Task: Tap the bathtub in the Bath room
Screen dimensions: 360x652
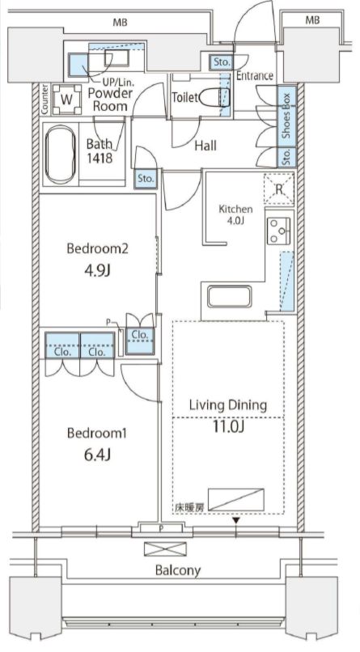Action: pyautogui.click(x=61, y=155)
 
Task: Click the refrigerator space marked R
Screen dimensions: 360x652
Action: pyautogui.click(x=279, y=189)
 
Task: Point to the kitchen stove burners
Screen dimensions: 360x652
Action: pyautogui.click(x=277, y=231)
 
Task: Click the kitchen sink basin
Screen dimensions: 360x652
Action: pyautogui.click(x=230, y=297)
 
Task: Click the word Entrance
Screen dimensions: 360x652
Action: pyautogui.click(x=255, y=76)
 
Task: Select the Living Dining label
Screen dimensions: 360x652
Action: pyautogui.click(x=228, y=404)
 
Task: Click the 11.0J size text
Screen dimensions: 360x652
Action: pyautogui.click(x=228, y=426)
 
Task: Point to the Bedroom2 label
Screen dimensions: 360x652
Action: pyautogui.click(x=97, y=248)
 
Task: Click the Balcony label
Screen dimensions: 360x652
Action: pyautogui.click(x=178, y=570)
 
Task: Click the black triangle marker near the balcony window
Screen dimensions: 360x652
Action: pyautogui.click(x=236, y=521)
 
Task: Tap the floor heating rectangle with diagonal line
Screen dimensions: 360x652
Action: pyautogui.click(x=236, y=499)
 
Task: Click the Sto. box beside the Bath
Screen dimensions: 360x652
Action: pyautogui.click(x=146, y=180)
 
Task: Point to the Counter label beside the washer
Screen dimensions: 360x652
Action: pyautogui.click(x=44, y=99)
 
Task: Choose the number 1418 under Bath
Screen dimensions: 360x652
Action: pyautogui.click(x=100, y=158)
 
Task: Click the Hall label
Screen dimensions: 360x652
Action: pyautogui.click(x=205, y=146)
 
